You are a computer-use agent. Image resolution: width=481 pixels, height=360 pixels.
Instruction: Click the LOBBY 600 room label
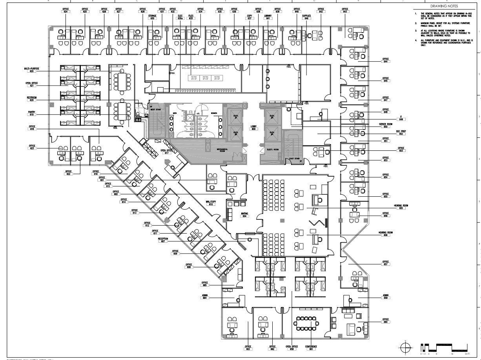coord(253,128)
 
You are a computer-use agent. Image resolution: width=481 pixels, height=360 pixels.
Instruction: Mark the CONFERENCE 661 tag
coord(311,348)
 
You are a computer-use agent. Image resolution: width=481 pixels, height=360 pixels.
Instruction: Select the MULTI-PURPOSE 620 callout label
coord(32,70)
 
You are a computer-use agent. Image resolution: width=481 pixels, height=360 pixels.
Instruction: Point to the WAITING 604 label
coord(244,215)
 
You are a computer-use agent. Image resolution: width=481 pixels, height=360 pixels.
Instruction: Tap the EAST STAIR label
coord(295,159)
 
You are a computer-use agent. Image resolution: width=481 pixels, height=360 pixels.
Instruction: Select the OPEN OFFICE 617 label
coord(167,151)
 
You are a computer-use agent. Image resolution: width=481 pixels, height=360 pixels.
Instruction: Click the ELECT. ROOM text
coord(272,150)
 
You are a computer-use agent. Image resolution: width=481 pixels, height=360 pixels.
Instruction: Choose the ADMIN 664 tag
coord(204,297)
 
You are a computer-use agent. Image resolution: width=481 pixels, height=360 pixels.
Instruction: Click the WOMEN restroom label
coord(214,113)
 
